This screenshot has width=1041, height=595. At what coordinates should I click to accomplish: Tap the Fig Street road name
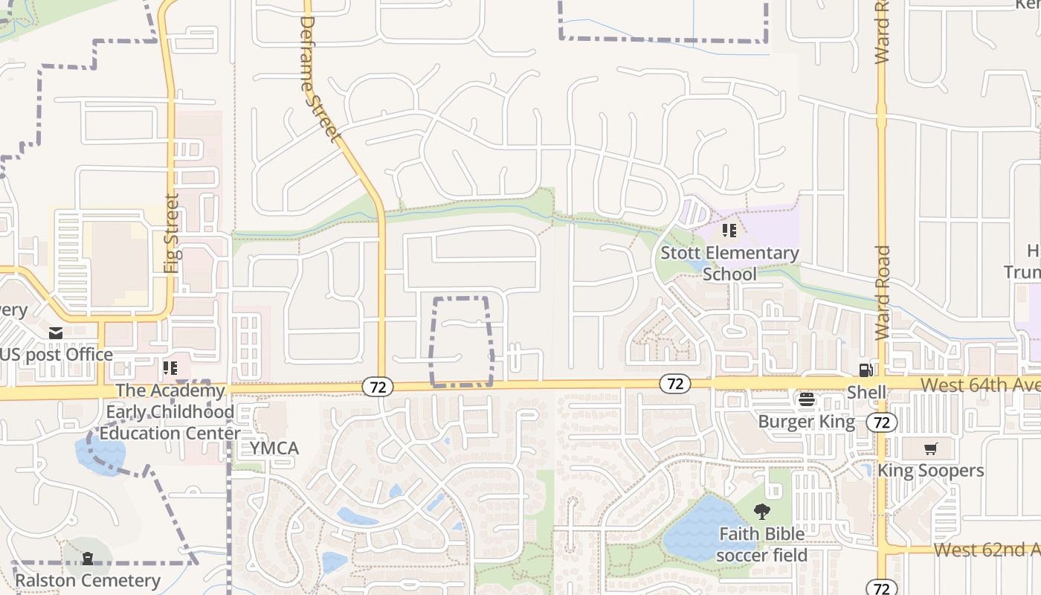pos(172,233)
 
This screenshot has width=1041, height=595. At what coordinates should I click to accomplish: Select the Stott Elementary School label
pos(750,263)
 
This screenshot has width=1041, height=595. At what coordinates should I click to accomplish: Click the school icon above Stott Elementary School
pos(729,230)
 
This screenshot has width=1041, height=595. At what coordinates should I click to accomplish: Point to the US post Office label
pos(57,355)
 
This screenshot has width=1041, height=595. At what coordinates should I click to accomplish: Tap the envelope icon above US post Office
pos(56,332)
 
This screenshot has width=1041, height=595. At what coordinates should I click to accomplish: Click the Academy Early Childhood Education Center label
pos(170,411)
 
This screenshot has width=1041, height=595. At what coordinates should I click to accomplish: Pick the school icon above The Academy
pos(170,367)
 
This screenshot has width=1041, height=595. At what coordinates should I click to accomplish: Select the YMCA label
pos(274,448)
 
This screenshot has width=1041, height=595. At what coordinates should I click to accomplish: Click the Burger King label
pos(807,422)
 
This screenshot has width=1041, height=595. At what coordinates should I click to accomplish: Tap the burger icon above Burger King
pos(807,400)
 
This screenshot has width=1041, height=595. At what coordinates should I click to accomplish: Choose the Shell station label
pos(867,392)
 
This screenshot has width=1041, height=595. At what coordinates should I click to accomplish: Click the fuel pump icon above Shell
pos(866,370)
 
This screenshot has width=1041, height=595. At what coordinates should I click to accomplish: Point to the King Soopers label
pos(930,470)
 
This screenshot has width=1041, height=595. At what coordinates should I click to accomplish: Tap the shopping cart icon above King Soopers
pos(930,448)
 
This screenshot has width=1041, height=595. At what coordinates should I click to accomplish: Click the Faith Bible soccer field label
pos(761,544)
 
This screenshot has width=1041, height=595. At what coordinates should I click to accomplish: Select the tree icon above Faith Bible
pos(761,512)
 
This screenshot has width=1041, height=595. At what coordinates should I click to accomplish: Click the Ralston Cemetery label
pos(88,580)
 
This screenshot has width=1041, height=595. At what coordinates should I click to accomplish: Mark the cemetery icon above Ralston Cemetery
pos(88,558)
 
